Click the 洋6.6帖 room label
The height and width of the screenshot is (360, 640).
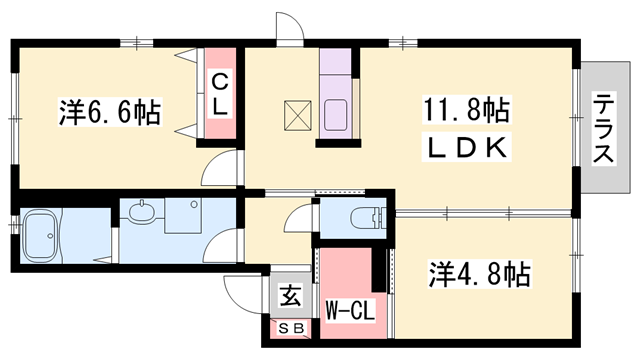110,112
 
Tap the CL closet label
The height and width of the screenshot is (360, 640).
220,92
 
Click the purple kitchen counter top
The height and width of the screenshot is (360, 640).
333,70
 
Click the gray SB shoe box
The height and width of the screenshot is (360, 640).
291,327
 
